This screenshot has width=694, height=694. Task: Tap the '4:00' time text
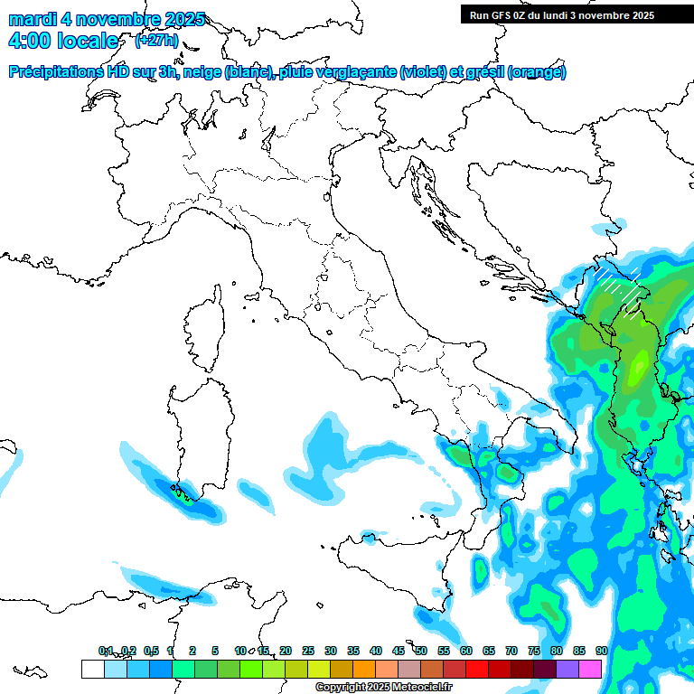(x=31, y=41)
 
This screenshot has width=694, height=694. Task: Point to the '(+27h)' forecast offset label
(x=155, y=41)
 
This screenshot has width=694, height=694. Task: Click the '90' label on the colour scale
(x=601, y=651)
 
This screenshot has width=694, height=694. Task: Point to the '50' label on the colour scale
(x=420, y=651)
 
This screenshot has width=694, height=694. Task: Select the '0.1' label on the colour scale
(x=106, y=651)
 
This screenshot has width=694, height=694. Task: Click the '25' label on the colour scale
(x=307, y=651)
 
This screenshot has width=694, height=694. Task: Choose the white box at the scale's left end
(x=92, y=669)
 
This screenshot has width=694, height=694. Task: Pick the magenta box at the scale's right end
(x=590, y=669)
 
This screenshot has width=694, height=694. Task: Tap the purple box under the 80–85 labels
(x=567, y=669)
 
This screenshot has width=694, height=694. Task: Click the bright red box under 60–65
(x=477, y=669)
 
